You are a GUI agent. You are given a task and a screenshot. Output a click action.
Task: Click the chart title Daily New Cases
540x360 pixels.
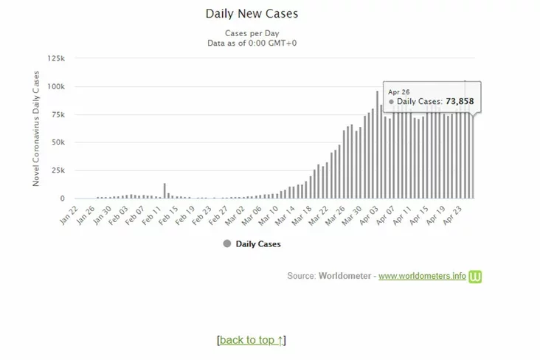click(x=252, y=13)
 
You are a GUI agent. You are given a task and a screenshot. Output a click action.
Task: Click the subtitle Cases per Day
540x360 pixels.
click(x=252, y=32)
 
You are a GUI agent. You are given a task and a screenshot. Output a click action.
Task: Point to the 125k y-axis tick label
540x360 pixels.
click(x=56, y=58)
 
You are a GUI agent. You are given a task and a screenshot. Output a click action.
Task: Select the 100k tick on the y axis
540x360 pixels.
click(x=56, y=86)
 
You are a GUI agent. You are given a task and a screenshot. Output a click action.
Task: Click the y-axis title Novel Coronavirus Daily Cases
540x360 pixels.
click(x=36, y=128)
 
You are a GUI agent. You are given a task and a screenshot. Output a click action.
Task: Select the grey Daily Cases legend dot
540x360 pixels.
click(x=226, y=243)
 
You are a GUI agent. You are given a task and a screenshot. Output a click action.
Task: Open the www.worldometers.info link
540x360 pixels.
click(x=422, y=277)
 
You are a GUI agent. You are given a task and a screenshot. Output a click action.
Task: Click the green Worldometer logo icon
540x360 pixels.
click(x=476, y=277)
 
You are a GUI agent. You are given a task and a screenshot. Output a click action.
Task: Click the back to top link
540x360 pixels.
click(x=252, y=340)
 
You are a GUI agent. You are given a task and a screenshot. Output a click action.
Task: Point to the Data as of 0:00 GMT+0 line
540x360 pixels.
click(x=252, y=43)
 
